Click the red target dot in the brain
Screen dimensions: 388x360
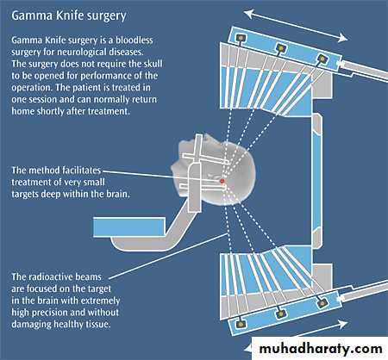point(222,181)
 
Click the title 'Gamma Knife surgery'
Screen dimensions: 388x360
point(69,16)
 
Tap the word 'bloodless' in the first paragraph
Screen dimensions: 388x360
point(135,40)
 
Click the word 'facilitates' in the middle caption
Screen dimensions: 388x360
point(81,171)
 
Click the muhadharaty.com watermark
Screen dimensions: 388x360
point(321,349)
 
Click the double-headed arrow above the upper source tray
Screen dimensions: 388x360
point(296,26)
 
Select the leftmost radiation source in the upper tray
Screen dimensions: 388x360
point(240,38)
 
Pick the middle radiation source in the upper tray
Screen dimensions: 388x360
point(281,47)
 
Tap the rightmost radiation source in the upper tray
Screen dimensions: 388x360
point(322,59)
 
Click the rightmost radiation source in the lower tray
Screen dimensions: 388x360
point(322,302)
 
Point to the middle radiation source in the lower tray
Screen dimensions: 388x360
point(281,313)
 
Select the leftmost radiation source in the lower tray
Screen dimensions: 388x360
point(241,324)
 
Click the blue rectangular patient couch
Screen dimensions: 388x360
point(129,227)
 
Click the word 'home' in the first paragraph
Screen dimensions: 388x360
point(23,111)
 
